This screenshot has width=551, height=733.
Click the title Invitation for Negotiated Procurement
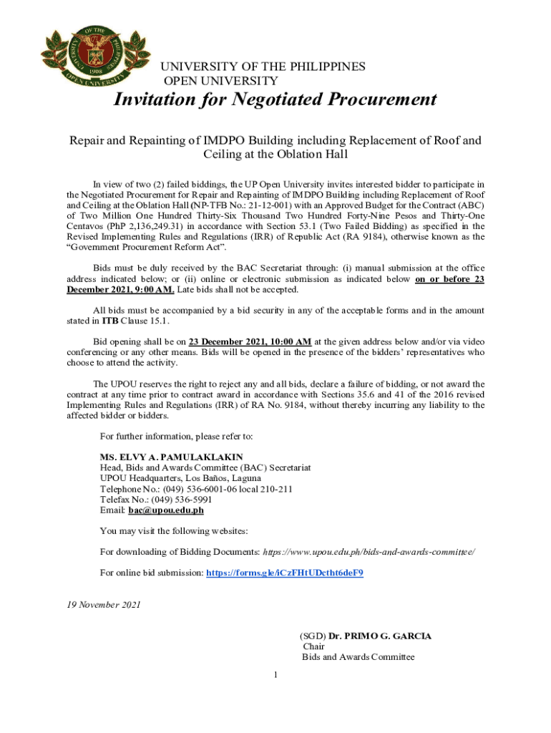[275, 99]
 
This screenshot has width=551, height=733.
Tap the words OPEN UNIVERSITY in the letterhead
[221, 81]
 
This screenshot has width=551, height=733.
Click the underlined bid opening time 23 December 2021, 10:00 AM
[250, 341]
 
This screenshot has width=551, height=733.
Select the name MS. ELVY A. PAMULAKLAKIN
[171, 457]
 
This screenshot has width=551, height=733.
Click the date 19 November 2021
[99, 605]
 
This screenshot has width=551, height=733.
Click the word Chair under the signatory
[313, 646]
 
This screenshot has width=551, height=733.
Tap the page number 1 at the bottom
[275, 674]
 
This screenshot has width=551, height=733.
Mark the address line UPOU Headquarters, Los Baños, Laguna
[180, 478]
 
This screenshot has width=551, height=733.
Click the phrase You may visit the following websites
[174, 531]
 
